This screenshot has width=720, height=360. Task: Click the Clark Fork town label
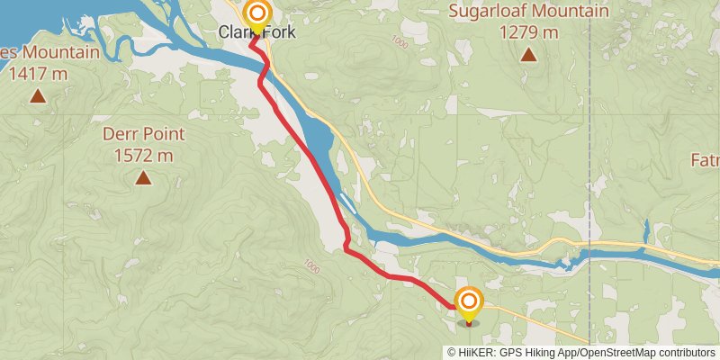(256, 33)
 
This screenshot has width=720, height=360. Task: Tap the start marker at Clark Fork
(258, 13)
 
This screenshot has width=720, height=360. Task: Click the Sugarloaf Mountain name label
(528, 12)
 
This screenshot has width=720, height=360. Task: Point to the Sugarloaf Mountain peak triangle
(529, 55)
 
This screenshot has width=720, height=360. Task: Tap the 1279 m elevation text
(528, 32)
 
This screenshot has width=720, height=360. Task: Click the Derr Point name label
(143, 134)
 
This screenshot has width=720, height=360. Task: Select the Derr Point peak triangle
(143, 178)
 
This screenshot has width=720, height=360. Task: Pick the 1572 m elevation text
(143, 156)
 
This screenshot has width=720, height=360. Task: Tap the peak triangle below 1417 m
(38, 95)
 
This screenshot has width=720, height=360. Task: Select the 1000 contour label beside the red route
(311, 265)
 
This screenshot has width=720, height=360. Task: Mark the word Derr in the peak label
(121, 134)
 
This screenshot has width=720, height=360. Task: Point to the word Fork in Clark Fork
(277, 33)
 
